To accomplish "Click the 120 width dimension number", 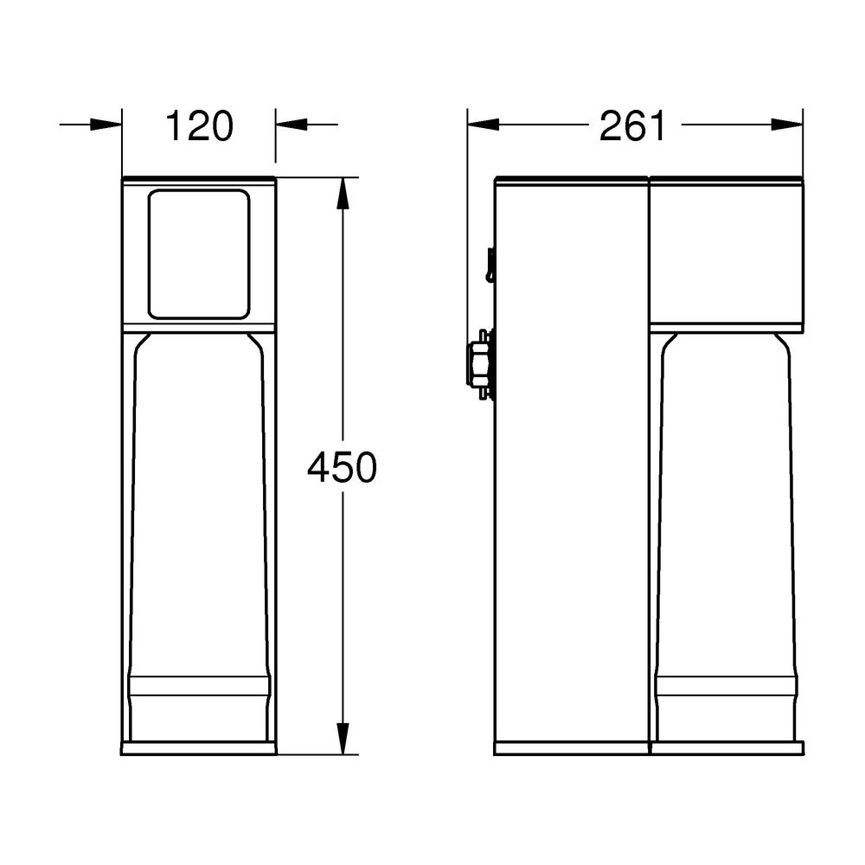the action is click(x=199, y=126).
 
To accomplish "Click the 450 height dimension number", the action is click(x=342, y=467).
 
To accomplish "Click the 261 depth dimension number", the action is click(x=633, y=126).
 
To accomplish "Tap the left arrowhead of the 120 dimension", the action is click(x=106, y=125).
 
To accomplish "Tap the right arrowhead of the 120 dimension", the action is click(x=292, y=125).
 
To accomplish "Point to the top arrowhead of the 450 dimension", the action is click(x=343, y=193).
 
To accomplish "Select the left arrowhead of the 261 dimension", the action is click(x=484, y=125).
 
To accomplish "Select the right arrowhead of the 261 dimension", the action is click(x=787, y=125).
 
